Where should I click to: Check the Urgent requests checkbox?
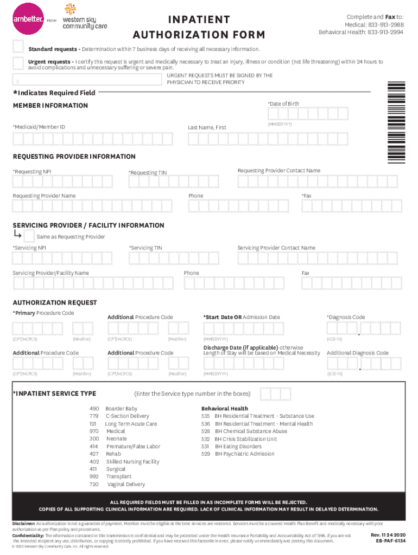[x=18, y=63]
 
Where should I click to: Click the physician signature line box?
[x=87, y=80]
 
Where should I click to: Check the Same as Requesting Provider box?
[x=29, y=236]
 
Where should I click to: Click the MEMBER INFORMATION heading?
[x=50, y=106]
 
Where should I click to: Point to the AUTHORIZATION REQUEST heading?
[x=55, y=302]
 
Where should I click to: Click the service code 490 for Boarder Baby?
[x=94, y=409]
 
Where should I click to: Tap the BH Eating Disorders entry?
[x=238, y=447]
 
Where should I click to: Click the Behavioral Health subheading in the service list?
[x=225, y=409]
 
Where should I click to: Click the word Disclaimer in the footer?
[x=24, y=524]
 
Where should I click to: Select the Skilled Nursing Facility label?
[x=133, y=462]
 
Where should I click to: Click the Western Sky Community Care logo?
[x=85, y=16]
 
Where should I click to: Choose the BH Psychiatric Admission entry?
[x=245, y=454]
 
